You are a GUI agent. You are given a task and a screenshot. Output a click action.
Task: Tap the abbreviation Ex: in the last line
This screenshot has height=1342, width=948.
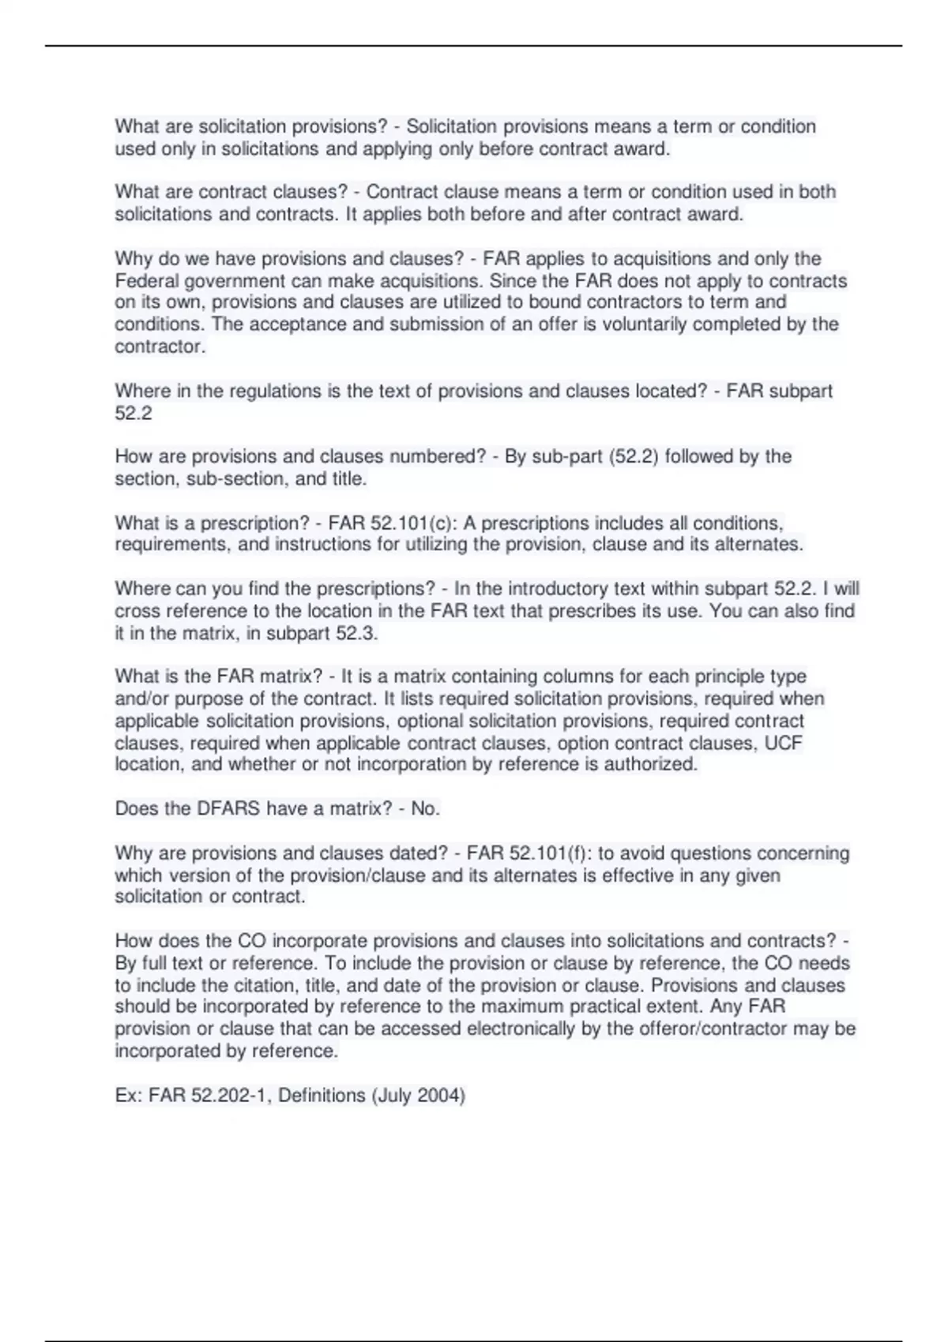[129, 1096]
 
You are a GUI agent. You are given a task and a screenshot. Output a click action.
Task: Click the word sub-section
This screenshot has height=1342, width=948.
[235, 478]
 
